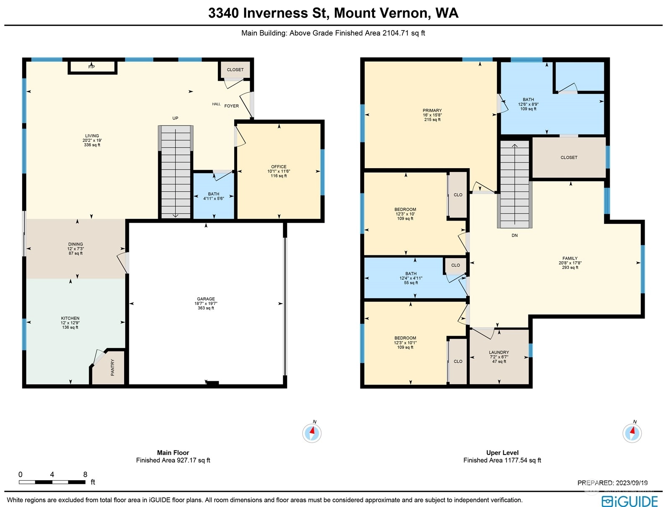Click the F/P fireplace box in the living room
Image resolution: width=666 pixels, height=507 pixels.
[92, 67]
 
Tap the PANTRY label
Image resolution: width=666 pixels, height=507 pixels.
[112, 367]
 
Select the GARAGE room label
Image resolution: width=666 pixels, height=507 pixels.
[206, 299]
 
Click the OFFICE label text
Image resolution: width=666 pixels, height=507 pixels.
[279, 166]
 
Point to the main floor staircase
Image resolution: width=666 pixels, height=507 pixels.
[176, 172]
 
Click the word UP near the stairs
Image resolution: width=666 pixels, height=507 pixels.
[175, 118]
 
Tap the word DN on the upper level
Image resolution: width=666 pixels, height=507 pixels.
[515, 235]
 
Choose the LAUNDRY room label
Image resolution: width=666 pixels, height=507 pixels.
[499, 352]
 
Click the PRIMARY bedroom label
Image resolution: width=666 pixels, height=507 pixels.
[432, 110]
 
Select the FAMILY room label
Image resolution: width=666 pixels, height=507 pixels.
[570, 258]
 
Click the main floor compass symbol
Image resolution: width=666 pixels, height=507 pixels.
[312, 433]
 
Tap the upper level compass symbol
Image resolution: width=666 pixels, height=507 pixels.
[632, 433]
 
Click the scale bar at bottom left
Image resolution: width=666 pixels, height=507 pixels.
[52, 482]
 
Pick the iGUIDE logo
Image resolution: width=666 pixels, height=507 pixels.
[629, 501]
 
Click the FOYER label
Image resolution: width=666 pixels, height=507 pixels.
[232, 106]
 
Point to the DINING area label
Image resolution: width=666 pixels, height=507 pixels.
[76, 244]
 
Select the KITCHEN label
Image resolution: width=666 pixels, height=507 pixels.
[70, 318]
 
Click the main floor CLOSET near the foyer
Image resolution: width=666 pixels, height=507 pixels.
[235, 70]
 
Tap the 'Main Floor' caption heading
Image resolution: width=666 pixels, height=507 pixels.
[173, 453]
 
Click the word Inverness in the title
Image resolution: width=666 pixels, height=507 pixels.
[275, 13]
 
